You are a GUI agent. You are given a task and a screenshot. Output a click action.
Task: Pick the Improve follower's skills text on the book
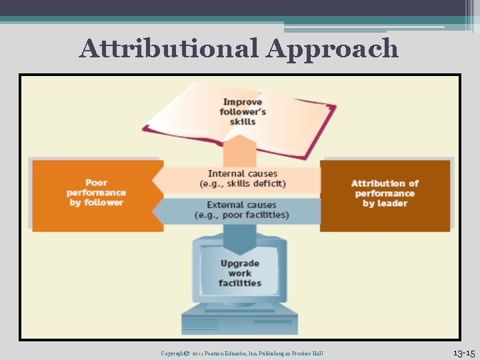[x=243, y=111]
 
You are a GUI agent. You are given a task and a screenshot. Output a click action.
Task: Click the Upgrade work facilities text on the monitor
[x=240, y=273]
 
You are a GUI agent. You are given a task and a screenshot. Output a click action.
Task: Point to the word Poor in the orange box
[x=97, y=183]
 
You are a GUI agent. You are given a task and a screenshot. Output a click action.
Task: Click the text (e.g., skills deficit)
[x=243, y=184]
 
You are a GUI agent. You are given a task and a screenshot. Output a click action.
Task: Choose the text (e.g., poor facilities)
[x=242, y=215]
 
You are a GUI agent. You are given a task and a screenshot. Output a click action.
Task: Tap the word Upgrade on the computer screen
[x=240, y=263]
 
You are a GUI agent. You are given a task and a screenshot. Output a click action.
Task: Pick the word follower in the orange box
[x=105, y=203]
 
